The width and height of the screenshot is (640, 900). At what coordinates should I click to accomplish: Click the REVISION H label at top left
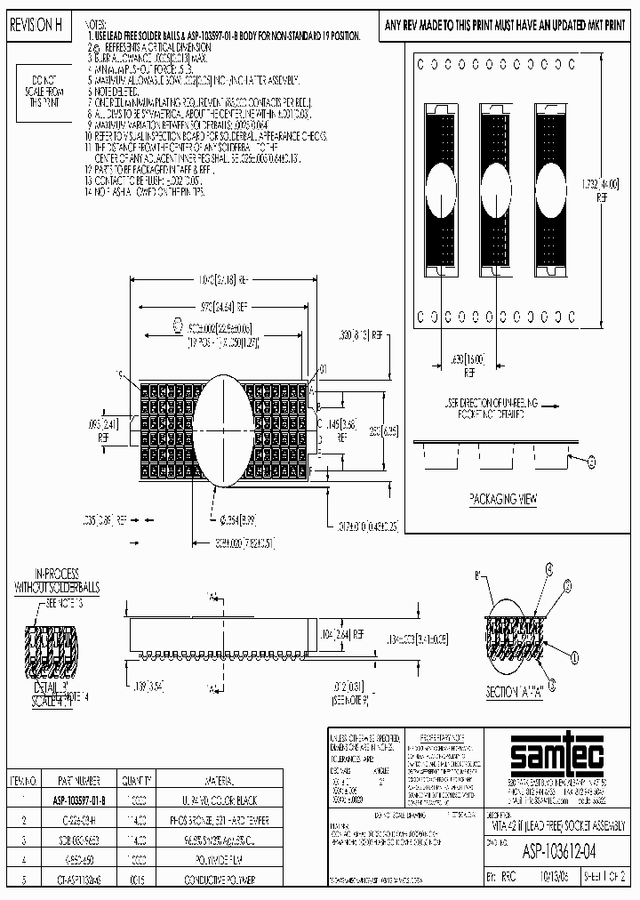(36, 28)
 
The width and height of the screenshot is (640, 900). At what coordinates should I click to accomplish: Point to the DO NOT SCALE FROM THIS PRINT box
(42, 91)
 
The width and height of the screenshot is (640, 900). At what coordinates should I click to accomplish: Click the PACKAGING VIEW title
(504, 500)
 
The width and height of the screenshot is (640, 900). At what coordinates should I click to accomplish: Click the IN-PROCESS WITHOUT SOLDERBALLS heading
(47, 583)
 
